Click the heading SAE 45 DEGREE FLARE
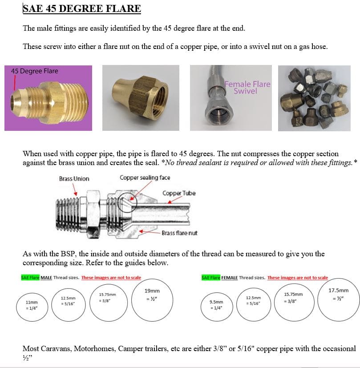82,8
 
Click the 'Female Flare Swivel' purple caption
247,87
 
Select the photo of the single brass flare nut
141,98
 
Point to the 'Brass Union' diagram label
74,179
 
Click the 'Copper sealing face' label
145,178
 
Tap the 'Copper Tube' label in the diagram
178,193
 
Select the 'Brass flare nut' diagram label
179,233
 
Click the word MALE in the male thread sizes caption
46,278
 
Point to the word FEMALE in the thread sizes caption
229,278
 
